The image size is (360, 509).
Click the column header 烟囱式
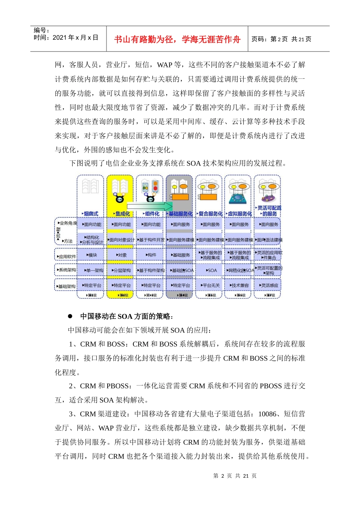point(91,214)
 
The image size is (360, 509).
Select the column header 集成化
point(122,214)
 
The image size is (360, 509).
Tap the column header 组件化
point(152,214)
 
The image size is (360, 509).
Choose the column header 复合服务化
point(210,214)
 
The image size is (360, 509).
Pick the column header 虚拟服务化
point(239,214)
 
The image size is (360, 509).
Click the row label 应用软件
point(67,257)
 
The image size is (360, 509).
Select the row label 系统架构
point(67,270)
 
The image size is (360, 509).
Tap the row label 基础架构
point(66,286)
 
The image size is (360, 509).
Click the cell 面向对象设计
point(121,240)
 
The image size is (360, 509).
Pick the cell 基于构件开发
point(151,240)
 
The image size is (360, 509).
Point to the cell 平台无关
point(211,286)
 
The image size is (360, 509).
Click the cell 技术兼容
point(240,286)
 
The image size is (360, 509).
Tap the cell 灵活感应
point(269,286)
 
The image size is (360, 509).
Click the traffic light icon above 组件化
point(154,186)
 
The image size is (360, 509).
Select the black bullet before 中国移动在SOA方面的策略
point(70,316)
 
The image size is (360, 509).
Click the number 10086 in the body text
point(267,414)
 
